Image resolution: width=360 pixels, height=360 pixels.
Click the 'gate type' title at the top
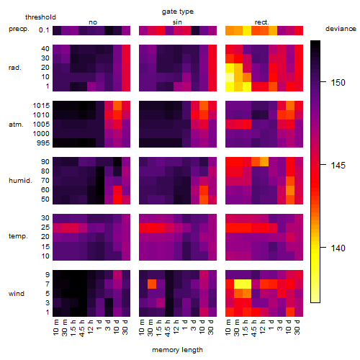click(178, 12)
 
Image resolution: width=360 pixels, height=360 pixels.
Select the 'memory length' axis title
click(177, 350)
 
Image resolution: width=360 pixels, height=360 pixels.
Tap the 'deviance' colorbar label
click(341, 29)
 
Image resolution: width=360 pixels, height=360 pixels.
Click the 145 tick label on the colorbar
click(338, 165)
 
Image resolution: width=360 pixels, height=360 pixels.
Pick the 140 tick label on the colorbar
click(338, 248)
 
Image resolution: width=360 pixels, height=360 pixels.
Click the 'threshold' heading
click(40, 17)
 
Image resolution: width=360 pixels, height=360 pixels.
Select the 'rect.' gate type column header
click(262, 22)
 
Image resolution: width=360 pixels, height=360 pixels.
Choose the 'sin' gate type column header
click(177, 22)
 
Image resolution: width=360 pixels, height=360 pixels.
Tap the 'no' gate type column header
click(93, 22)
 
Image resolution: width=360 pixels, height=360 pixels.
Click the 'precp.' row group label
click(19, 29)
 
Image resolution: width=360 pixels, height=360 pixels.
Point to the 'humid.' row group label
click(20, 181)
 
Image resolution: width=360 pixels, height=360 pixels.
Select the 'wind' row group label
click(17, 294)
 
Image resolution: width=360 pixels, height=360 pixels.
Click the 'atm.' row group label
click(16, 125)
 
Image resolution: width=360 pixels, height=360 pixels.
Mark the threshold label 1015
click(41, 106)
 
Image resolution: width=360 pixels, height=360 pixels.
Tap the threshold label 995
click(43, 143)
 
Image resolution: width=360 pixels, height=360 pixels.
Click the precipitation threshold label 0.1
click(44, 30)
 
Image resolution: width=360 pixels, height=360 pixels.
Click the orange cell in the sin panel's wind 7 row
click(152, 284)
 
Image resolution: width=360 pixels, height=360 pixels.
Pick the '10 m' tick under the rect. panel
click(228, 327)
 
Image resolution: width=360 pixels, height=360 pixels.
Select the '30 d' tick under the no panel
click(125, 327)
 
